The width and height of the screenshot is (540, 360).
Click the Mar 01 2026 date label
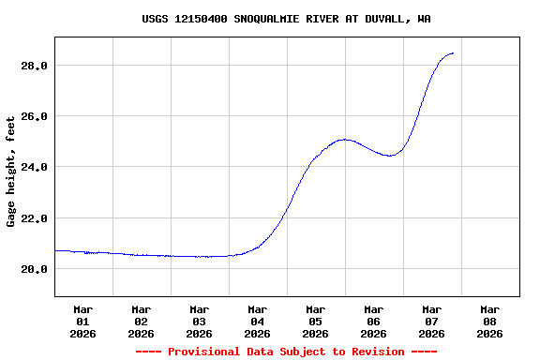(82, 321)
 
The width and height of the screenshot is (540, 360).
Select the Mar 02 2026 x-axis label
(141, 321)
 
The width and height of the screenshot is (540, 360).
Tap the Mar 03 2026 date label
(199, 321)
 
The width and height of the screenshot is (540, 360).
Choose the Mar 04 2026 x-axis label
(257, 321)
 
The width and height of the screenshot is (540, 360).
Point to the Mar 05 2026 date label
(315, 321)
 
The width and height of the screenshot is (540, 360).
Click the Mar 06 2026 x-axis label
(373, 321)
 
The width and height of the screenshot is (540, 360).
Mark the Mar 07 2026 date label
(431, 321)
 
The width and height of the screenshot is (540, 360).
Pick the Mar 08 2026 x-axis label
(489, 321)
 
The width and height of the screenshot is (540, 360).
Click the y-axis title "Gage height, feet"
(11, 172)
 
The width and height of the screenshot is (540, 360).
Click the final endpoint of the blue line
(454, 53)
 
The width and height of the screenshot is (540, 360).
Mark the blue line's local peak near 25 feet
(346, 139)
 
